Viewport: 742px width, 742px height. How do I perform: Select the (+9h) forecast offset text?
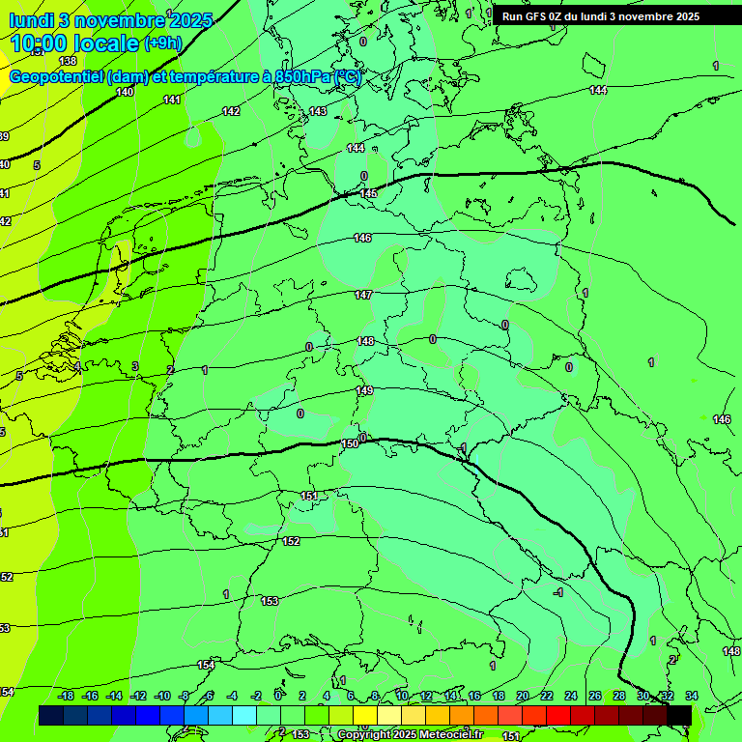pos(162,43)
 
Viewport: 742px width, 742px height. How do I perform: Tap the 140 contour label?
pos(125,93)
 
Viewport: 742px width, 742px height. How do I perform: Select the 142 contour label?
pos(231,111)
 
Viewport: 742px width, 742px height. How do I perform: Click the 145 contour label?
pos(368,194)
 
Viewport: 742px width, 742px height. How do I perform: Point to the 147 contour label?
pos(363,295)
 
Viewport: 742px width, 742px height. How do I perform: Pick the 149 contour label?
pos(364,390)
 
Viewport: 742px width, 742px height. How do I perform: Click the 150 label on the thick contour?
pos(350,443)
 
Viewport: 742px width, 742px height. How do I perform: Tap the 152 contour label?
pos(291,541)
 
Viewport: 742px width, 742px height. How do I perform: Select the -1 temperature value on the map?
pos(557,591)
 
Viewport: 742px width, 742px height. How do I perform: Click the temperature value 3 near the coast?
pos(135,366)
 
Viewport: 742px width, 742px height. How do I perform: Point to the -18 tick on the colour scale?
pos(67,696)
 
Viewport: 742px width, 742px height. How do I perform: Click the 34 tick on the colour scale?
pos(691,696)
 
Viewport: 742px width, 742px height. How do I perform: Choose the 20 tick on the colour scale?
pos(523,696)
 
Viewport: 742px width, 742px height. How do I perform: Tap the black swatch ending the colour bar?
pos(679,715)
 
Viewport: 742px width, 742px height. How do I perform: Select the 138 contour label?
pos(68,61)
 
